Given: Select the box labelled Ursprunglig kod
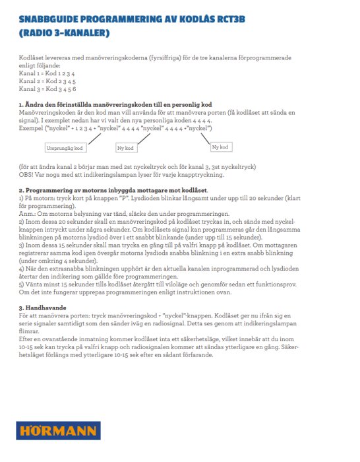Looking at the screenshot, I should coord(65,148).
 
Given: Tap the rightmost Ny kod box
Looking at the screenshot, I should coord(220,146).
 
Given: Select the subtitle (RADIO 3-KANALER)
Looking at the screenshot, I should coord(64,32).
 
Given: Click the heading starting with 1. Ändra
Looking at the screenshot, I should coord(115,105).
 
